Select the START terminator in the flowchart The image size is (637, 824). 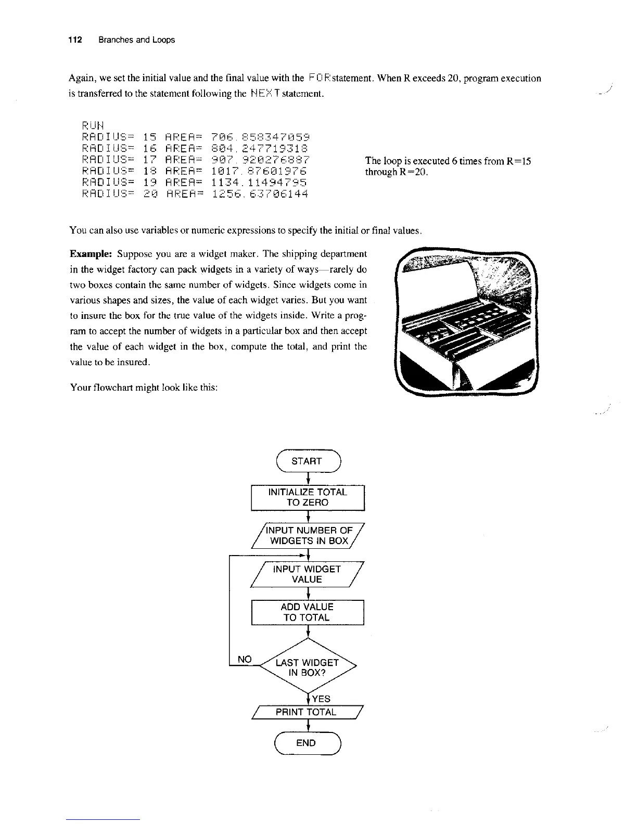pyautogui.click(x=307, y=461)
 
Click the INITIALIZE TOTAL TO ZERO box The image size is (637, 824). pyautogui.click(x=307, y=497)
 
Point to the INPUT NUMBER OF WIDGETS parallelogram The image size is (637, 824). pyautogui.click(x=309, y=535)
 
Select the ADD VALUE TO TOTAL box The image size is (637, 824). pyautogui.click(x=307, y=612)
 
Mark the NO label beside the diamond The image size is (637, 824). pyautogui.click(x=244, y=660)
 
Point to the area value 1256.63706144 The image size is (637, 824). pyautogui.click(x=260, y=194)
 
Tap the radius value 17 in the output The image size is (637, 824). pyautogui.click(x=150, y=160)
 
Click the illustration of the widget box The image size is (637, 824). pyautogui.click(x=466, y=321)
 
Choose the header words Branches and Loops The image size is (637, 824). pyautogui.click(x=136, y=40)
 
